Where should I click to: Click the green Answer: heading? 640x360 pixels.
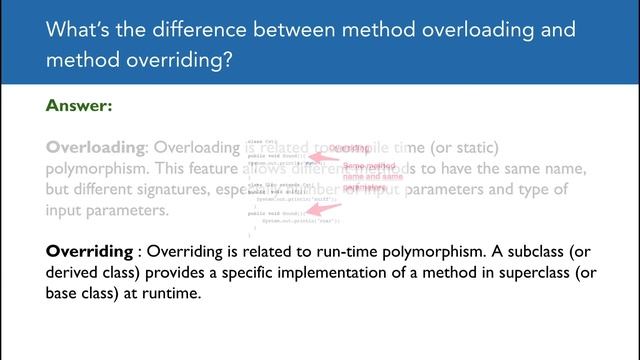(x=79, y=104)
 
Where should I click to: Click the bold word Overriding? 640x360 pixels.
(x=89, y=250)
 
